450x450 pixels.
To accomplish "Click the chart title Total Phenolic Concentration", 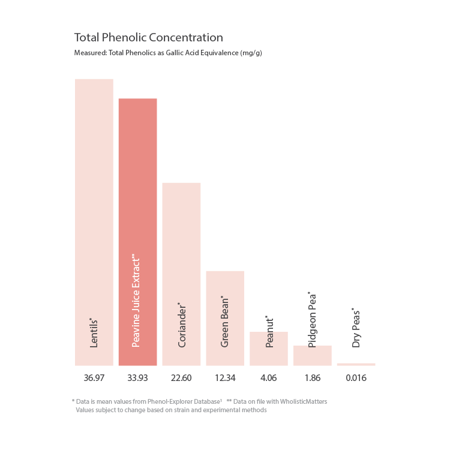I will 148,38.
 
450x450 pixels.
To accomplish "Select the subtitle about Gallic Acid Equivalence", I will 168,53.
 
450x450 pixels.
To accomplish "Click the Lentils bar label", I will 94,332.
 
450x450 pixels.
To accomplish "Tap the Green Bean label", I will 225,322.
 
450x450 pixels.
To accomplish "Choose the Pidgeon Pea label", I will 312,320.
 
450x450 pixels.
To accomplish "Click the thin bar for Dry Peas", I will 356,364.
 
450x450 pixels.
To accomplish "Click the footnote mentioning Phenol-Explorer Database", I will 147,401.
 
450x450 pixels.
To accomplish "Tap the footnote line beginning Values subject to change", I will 171,410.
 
